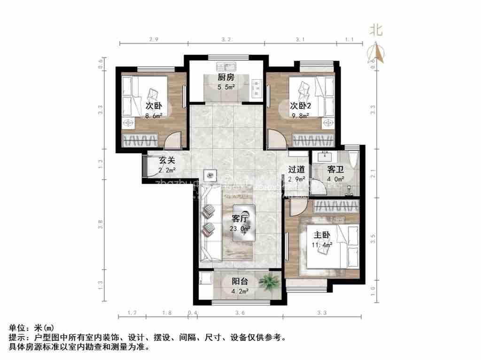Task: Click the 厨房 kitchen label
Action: click(225, 78)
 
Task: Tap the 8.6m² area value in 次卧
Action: click(154, 115)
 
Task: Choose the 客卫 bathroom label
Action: click(335, 170)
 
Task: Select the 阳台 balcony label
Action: click(240, 281)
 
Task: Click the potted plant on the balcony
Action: click(269, 282)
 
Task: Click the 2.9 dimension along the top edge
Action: click(154, 39)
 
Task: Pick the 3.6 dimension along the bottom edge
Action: click(240, 312)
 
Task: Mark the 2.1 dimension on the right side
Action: click(373, 176)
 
